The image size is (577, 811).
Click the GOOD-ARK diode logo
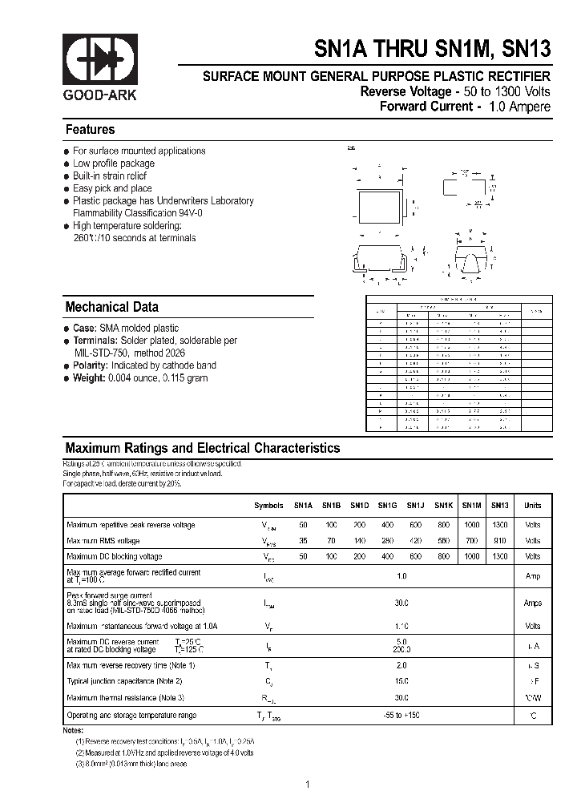[100, 60]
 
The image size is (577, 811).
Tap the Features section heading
[90, 130]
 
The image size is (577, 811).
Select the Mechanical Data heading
[111, 307]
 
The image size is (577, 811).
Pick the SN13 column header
[499, 506]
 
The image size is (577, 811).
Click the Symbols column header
[268, 506]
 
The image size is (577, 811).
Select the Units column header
[532, 506]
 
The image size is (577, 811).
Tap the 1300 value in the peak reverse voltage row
[499, 525]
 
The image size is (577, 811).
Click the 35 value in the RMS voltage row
[303, 541]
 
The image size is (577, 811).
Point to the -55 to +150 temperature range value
[401, 715]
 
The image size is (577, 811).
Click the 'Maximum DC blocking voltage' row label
[115, 556]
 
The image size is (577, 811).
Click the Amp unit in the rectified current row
[532, 576]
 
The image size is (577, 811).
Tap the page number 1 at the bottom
[307, 785]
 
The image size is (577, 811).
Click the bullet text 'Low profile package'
[114, 163]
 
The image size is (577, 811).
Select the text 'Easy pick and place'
[112, 188]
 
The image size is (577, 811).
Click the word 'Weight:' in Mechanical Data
[90, 378]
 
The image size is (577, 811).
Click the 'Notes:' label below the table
[73, 731]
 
